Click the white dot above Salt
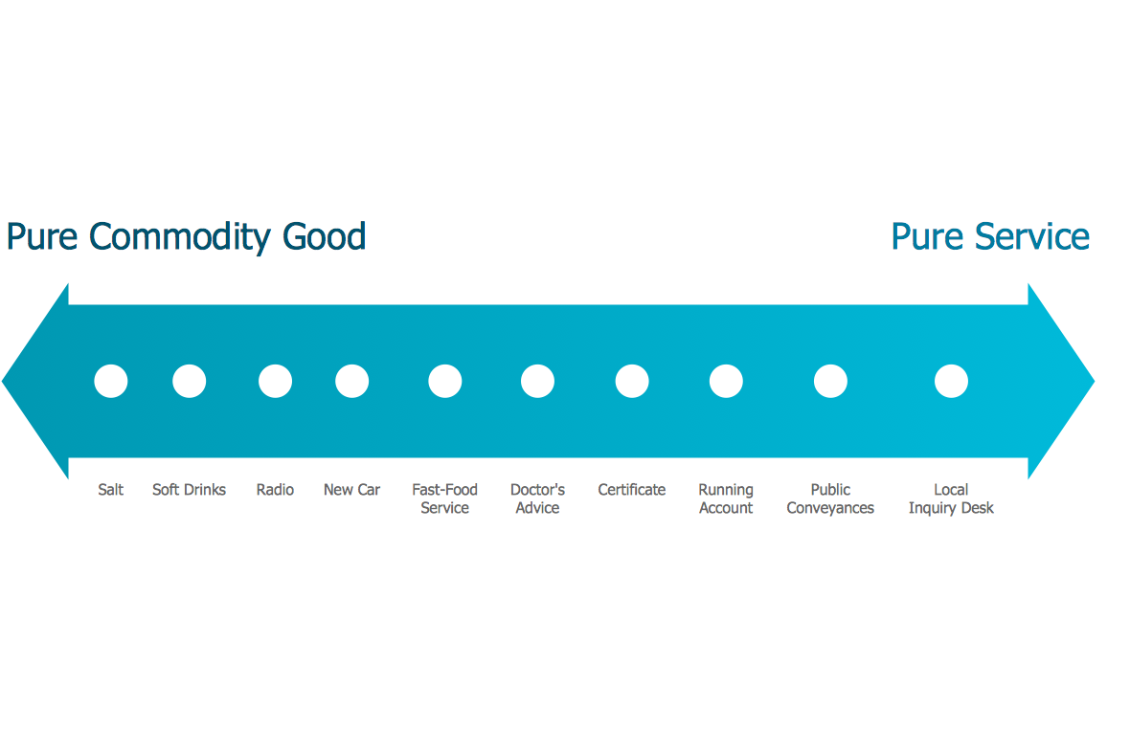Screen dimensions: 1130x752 click(x=111, y=381)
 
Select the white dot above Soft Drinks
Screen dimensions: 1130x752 click(x=190, y=381)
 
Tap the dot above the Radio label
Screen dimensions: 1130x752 click(x=275, y=381)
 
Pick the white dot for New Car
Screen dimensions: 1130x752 click(x=352, y=381)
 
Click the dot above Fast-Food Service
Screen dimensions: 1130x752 click(x=445, y=381)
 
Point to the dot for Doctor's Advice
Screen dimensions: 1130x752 click(x=537, y=381)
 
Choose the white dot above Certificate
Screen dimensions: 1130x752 click(x=632, y=381)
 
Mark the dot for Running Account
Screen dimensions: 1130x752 click(x=726, y=381)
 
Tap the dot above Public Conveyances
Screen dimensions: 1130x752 click(x=831, y=381)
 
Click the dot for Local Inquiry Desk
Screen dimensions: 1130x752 click(x=951, y=381)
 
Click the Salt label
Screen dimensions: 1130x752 click(x=111, y=490)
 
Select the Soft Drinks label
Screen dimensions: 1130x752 click(x=189, y=490)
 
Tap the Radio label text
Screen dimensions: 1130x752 click(x=275, y=490)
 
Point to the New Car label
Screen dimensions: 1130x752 click(x=351, y=490)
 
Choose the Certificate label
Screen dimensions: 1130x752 click(x=632, y=490)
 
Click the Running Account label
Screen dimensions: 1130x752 click(x=726, y=499)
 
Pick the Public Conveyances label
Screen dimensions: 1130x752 click(x=830, y=499)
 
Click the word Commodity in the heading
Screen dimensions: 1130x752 click(x=180, y=237)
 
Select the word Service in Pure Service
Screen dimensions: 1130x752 click(x=1032, y=237)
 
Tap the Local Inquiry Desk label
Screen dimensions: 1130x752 click(x=951, y=499)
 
